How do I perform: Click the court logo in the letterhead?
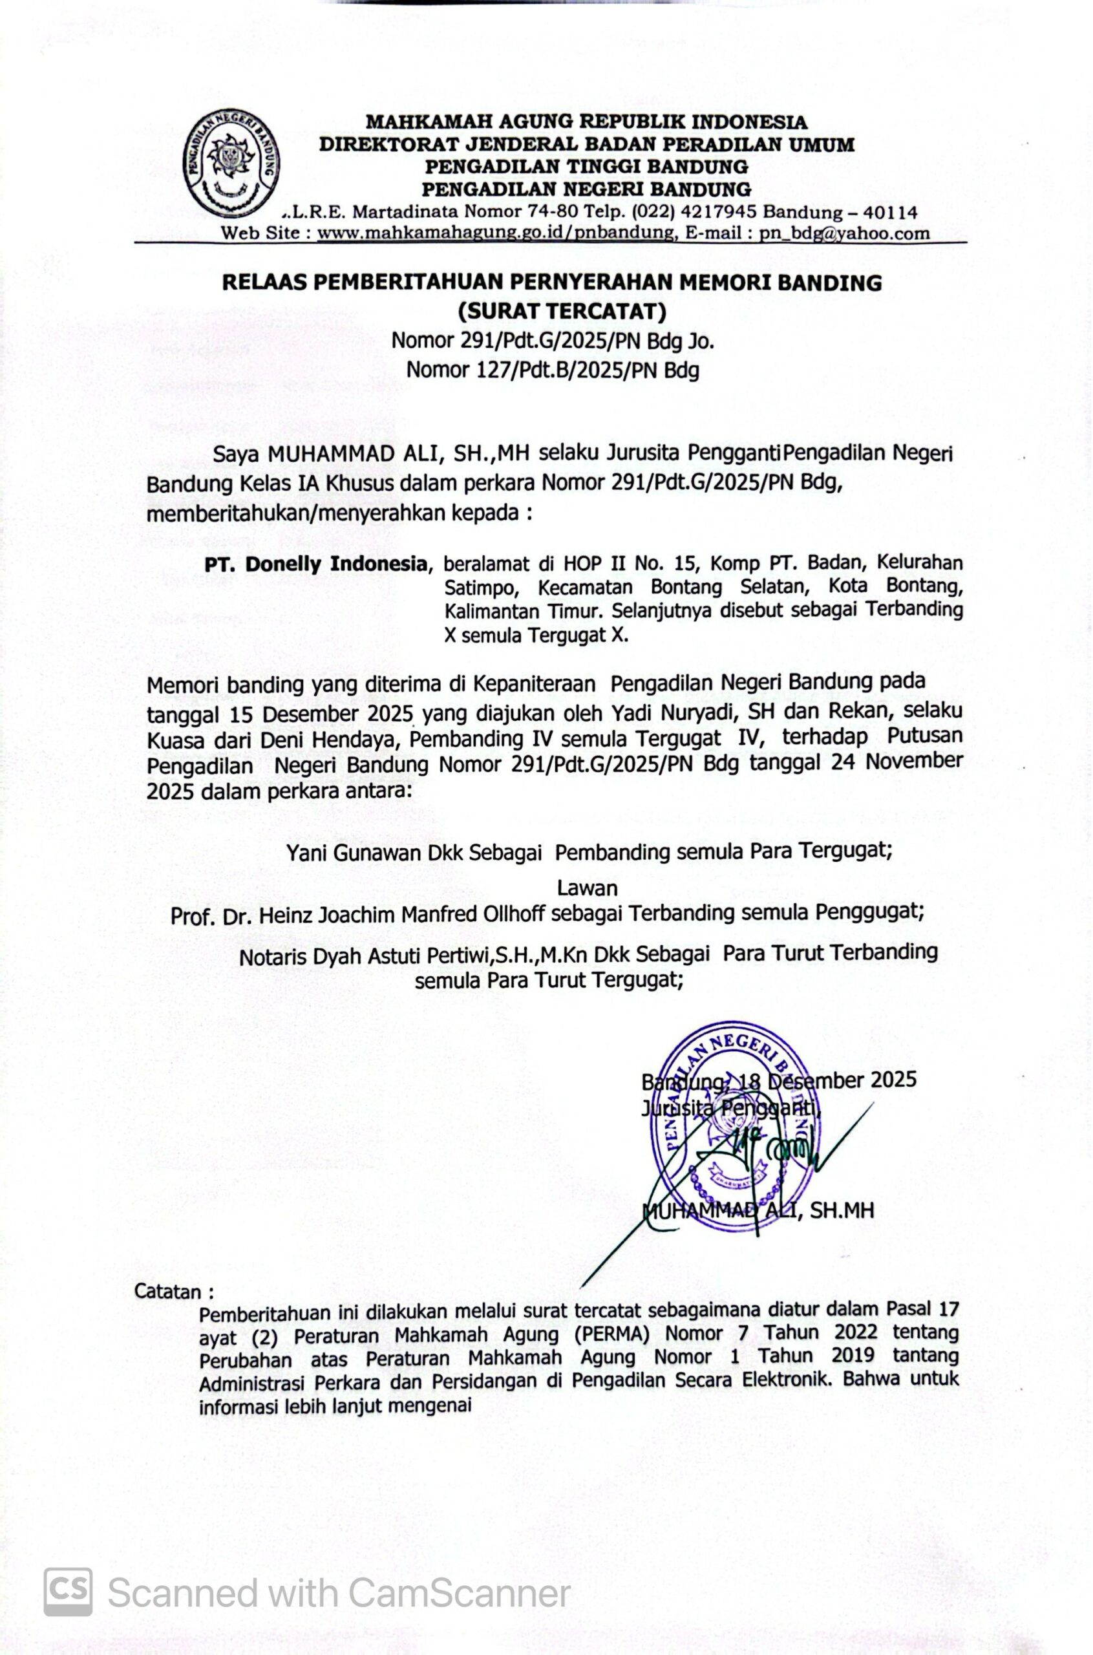pyautogui.click(x=231, y=165)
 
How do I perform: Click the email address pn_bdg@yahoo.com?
pyautogui.click(x=844, y=233)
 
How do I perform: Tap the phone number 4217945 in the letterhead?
pyautogui.click(x=725, y=212)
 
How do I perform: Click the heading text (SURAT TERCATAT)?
pyautogui.click(x=562, y=311)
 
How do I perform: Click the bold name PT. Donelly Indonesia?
pyautogui.click(x=314, y=564)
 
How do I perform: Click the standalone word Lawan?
pyautogui.click(x=587, y=888)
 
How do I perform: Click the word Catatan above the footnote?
pyautogui.click(x=168, y=1291)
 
